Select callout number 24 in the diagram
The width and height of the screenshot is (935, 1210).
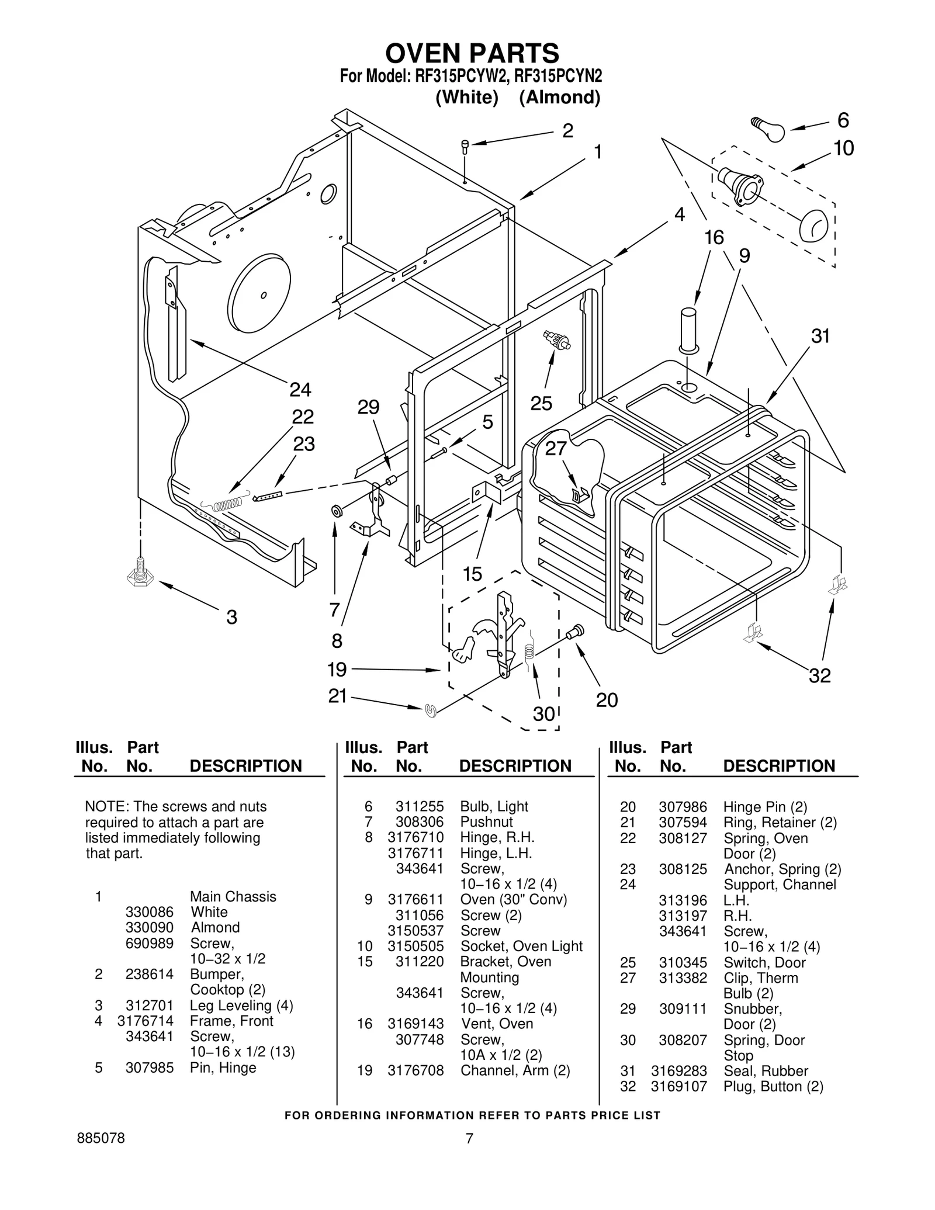300,389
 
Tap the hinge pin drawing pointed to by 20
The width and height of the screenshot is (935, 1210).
575,632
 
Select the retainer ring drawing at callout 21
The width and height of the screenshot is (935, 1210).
431,710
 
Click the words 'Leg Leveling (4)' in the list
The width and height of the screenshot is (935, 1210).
241,1006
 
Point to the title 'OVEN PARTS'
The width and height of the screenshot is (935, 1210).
472,53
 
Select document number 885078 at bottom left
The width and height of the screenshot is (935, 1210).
101,1139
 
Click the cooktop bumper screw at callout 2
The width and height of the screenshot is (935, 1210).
465,145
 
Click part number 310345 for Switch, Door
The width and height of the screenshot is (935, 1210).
683,962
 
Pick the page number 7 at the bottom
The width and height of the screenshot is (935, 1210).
469,1138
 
